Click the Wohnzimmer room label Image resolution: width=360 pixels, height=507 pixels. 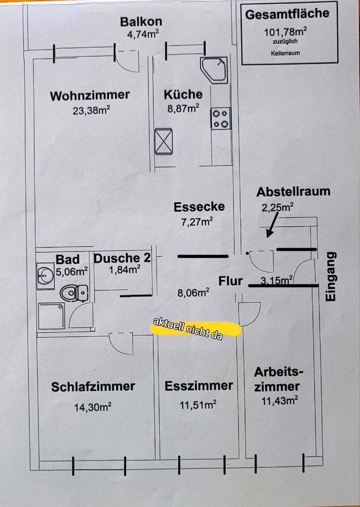[x=90, y=96]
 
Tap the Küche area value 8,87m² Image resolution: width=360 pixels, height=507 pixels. [x=183, y=108]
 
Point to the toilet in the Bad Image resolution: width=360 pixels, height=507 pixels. [x=75, y=292]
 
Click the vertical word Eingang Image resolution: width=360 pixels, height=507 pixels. [x=330, y=276]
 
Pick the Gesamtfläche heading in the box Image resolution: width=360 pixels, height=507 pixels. [x=287, y=14]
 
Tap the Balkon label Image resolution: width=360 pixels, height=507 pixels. [x=141, y=22]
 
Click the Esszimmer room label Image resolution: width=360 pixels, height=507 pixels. [x=198, y=386]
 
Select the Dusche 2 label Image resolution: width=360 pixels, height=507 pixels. [x=122, y=258]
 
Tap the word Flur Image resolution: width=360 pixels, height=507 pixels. [x=231, y=280]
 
